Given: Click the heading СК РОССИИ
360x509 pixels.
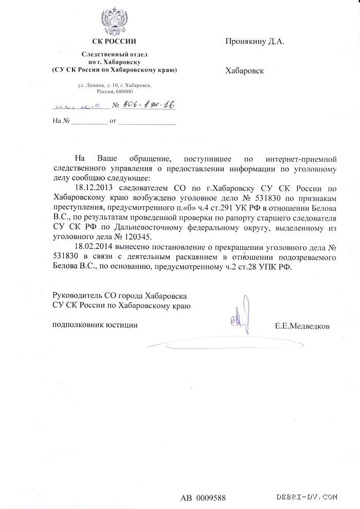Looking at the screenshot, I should click(114, 41).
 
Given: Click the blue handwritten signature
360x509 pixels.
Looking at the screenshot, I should click(238, 318).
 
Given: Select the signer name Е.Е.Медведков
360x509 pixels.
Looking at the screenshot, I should click(303, 326).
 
